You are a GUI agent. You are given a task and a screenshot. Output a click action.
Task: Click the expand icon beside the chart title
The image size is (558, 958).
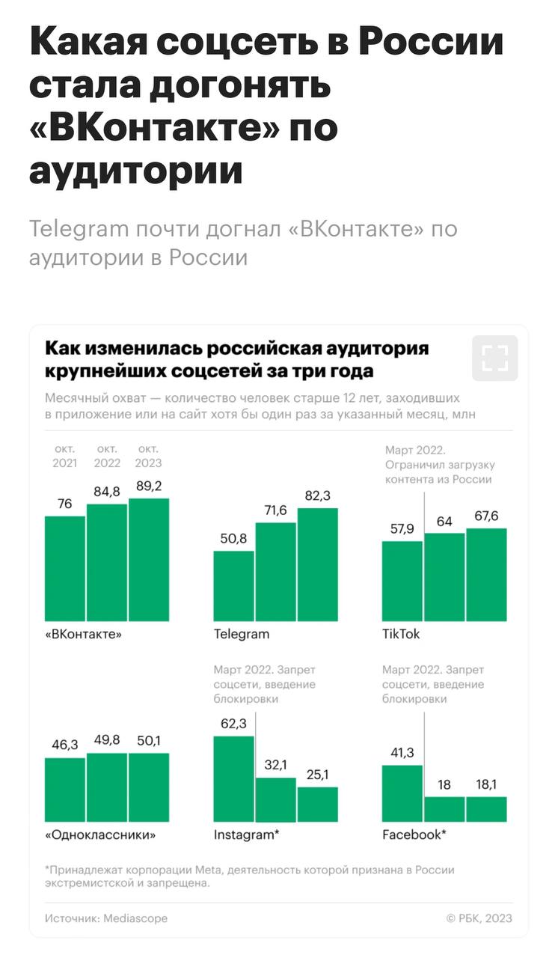coord(494,359)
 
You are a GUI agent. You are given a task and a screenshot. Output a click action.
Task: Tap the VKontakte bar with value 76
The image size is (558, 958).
coord(65,568)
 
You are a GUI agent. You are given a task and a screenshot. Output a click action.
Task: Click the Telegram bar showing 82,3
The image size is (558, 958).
coord(318,564)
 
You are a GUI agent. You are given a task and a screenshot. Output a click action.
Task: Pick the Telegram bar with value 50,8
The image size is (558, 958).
coord(234,585)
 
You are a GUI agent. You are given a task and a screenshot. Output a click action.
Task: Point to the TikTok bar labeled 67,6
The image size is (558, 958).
coord(486,574)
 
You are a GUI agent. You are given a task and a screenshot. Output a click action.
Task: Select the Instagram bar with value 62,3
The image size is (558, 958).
coord(234,778)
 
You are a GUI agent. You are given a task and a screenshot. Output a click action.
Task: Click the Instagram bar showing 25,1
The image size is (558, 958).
coord(318,804)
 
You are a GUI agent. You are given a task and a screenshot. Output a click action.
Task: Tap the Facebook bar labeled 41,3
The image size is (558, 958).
coord(402,793)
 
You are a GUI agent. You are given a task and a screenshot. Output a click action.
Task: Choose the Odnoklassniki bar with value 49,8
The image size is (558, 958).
coord(107,787)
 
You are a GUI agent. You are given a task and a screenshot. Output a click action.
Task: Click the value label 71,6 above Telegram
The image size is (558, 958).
coord(276,510)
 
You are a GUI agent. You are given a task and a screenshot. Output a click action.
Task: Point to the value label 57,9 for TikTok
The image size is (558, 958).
coord(402,529)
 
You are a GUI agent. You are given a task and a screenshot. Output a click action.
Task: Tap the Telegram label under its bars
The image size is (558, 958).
coord(242,634)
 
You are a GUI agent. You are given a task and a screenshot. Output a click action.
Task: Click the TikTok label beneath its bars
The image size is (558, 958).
coord(401,634)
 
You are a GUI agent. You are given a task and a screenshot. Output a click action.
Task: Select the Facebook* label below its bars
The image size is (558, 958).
coord(414,835)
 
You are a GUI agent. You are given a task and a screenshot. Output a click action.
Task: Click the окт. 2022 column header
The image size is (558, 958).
coord(107,456)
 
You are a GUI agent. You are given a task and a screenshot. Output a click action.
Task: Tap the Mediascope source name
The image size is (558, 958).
coord(135,918)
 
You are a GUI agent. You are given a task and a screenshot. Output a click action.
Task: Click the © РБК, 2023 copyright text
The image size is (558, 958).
coord(479,918)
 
